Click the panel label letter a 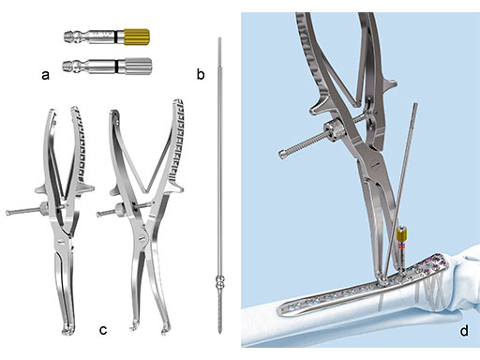pyautogui.click(x=45, y=75)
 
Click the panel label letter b pyautogui.click(x=201, y=74)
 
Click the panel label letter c pyautogui.click(x=103, y=330)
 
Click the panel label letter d pyautogui.click(x=464, y=330)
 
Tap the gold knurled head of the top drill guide pyautogui.click(x=137, y=37)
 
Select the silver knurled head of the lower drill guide pyautogui.click(x=139, y=67)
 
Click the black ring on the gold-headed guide pyautogui.click(x=115, y=37)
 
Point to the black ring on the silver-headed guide pyautogui.click(x=116, y=67)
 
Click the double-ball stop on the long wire pyautogui.click(x=220, y=280)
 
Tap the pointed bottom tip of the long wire pyautogui.click(x=220, y=333)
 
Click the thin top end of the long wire pyautogui.click(x=219, y=39)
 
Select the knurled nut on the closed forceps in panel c pyautogui.click(x=43, y=207)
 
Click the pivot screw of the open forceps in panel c pyautogui.click(x=142, y=237)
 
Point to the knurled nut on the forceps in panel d pyautogui.click(x=334, y=132)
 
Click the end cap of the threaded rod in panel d pyautogui.click(x=282, y=154)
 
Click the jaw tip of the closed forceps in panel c pyautogui.click(x=67, y=330)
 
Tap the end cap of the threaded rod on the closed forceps pyautogui.click(x=7, y=213)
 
